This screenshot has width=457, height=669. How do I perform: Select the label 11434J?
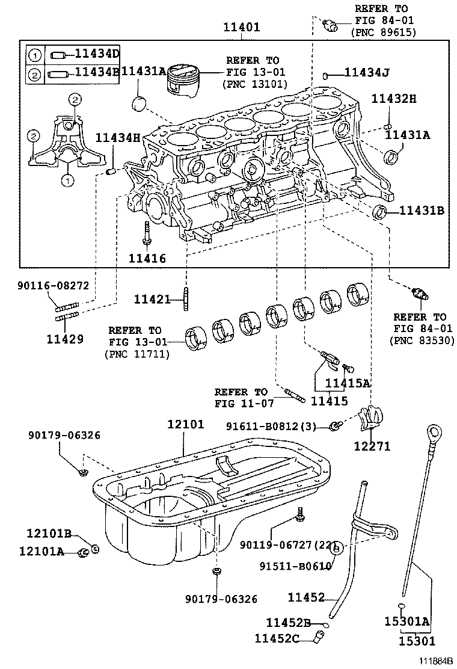pyautogui.click(x=367, y=73)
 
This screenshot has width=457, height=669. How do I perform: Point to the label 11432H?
pyautogui.click(x=394, y=99)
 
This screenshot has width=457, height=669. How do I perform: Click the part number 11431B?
pyautogui.click(x=422, y=211)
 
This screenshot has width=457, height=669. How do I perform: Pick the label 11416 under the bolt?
pyautogui.click(x=147, y=259)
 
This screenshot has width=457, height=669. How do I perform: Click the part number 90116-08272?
pyautogui.click(x=53, y=286)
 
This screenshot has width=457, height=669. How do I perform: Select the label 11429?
pyautogui.click(x=66, y=338)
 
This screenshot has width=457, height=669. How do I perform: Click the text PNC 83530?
pyautogui.click(x=419, y=340)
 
